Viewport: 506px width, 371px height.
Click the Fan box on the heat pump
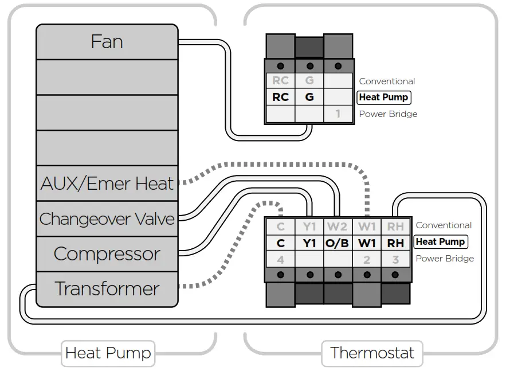pos(107,42)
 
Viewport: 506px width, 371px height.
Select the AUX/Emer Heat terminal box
pos(107,183)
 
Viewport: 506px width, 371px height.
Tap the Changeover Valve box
pos(107,218)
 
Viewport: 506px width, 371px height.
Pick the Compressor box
pos(107,253)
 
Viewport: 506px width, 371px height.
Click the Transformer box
pos(107,288)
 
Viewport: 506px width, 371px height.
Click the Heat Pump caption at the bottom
pos(108,352)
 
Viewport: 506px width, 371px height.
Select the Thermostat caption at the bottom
pos(372,352)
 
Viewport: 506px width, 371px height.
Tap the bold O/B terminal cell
pos(338,243)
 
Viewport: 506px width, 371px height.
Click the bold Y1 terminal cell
pos(309,243)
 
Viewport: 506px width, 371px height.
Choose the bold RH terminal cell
pos(395,243)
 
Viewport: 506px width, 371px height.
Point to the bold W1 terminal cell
pos(367,243)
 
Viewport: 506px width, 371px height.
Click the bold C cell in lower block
pos(280,243)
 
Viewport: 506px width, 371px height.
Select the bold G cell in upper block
pos(309,97)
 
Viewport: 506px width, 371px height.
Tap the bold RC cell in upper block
pos(280,97)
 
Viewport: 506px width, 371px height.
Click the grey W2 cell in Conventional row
pos(338,226)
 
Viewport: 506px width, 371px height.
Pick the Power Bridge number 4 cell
pos(280,260)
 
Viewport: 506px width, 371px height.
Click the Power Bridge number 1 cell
pos(338,114)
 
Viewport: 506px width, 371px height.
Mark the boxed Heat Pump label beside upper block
pos(384,97)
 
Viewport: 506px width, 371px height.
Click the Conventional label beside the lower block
pos(444,225)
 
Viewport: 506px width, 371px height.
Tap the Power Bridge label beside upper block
pos(388,114)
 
